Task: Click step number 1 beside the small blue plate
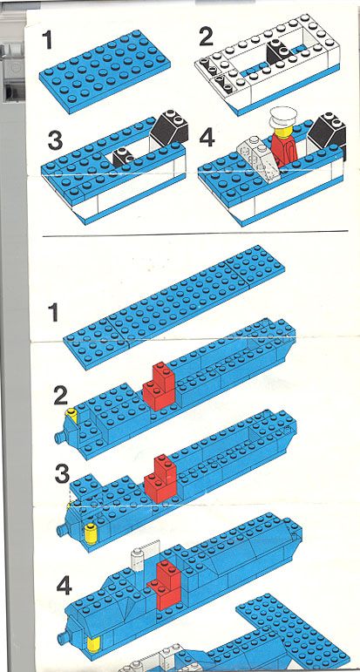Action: [47, 40]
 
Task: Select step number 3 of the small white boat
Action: [55, 140]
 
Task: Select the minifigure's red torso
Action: [284, 150]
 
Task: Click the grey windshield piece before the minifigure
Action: [257, 159]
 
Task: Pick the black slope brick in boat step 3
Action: [169, 126]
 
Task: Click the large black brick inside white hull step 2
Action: [279, 52]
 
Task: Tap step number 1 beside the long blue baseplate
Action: [53, 312]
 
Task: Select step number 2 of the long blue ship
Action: [60, 397]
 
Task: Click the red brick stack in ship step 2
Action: [160, 386]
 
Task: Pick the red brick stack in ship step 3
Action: [160, 479]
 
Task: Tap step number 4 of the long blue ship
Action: [65, 587]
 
